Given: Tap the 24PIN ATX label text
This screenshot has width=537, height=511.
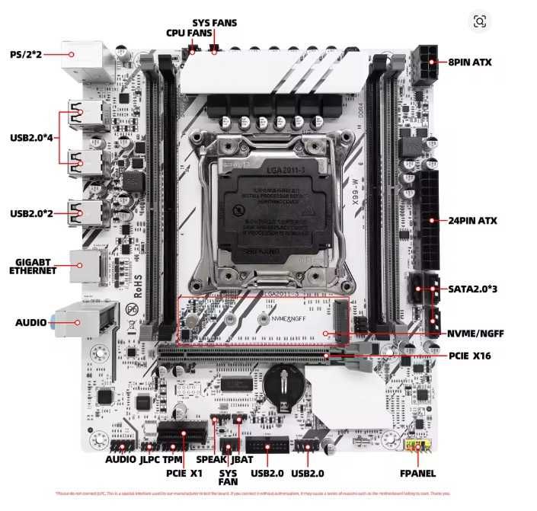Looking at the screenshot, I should coord(473,221).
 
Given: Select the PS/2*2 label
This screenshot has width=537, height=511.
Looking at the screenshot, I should coord(27,54).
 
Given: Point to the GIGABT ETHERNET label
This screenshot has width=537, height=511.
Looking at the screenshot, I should coord(32,267).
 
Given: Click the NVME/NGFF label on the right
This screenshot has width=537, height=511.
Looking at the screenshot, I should coord(475,334).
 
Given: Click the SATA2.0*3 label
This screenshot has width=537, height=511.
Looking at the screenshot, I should coord(472,290).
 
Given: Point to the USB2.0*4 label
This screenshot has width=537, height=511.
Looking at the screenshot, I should coord(32,138).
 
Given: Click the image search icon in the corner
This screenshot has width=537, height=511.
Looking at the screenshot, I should coord(479,21).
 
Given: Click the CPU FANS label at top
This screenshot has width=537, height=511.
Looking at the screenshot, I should coord(190,33).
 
